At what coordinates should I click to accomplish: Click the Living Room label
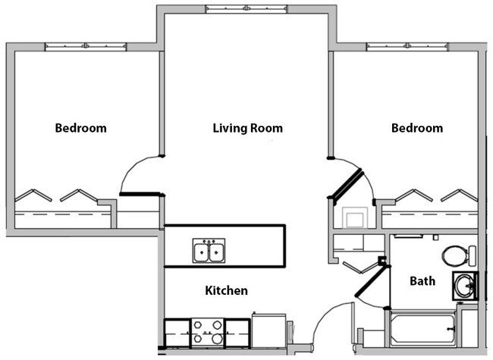click(247, 128)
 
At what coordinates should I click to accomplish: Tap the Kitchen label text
click(226, 290)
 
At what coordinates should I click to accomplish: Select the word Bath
click(422, 281)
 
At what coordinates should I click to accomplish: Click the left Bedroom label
click(80, 128)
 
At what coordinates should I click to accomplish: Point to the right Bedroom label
click(416, 128)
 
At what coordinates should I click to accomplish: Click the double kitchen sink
click(208, 250)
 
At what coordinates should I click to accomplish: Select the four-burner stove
click(208, 331)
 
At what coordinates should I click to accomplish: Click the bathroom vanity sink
click(464, 285)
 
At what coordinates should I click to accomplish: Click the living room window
click(246, 9)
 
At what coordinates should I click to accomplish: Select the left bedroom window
click(85, 47)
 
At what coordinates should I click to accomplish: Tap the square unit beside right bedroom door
click(353, 218)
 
